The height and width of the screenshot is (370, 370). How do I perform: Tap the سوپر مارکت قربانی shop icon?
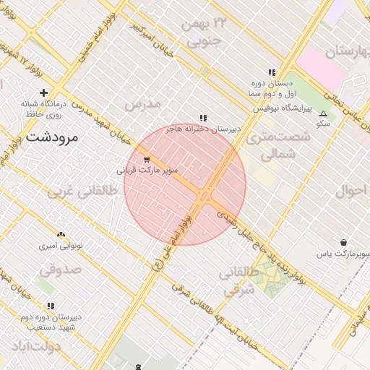pyautogui.click(x=147, y=159)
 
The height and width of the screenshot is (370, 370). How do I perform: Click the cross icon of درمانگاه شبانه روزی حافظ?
pyautogui.click(x=44, y=92)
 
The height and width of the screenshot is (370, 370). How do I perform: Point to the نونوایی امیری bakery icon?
pyautogui.click(x=61, y=234)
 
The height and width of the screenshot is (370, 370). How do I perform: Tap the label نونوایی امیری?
pyautogui.click(x=61, y=246)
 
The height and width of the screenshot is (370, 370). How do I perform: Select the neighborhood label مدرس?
pyautogui.click(x=141, y=105)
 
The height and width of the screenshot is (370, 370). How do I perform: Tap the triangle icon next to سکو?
pyautogui.click(x=323, y=113)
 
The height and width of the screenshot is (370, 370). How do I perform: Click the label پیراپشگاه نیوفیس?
pyautogui.click(x=281, y=108)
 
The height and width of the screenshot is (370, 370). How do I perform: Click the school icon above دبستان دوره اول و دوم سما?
pyautogui.click(x=272, y=72)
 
